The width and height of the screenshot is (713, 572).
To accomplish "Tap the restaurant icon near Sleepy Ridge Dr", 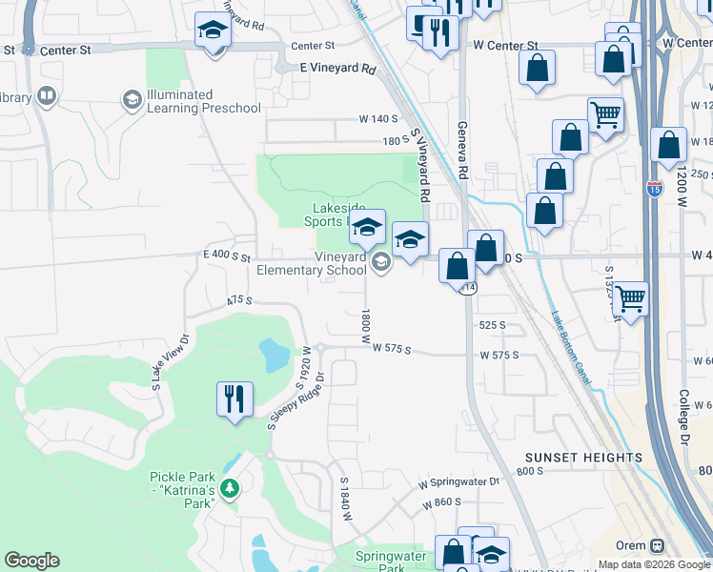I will [x=234, y=398].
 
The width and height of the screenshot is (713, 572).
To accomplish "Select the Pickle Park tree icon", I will [x=229, y=488].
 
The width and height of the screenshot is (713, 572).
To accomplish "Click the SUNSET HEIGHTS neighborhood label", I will [x=581, y=458].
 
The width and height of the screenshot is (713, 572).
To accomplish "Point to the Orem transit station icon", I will [x=656, y=546].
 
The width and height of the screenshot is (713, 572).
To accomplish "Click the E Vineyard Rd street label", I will [x=337, y=69].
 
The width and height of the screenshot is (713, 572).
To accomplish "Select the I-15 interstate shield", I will [x=654, y=190].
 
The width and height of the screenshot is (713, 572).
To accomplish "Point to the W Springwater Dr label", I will [x=458, y=482].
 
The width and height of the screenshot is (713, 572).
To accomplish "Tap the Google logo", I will [x=31, y=561].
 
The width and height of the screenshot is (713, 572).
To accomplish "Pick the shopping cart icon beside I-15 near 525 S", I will [x=631, y=298].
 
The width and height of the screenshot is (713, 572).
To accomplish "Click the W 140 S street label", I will [x=377, y=119].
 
